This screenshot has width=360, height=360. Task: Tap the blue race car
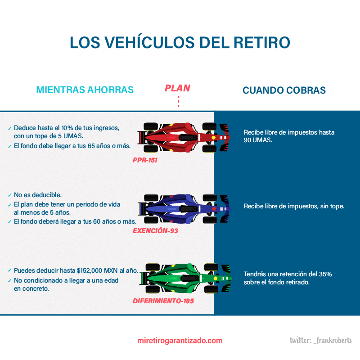pos(184,209)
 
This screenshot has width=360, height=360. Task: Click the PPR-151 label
pos(145,160)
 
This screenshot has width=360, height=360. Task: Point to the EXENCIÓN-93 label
pos(155,231)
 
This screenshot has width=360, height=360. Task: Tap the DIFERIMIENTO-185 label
pos(163,301)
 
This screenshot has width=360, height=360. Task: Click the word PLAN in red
pos(177,88)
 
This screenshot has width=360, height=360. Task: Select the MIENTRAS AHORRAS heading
pos(85,90)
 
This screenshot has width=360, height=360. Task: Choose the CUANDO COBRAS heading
pos(284,90)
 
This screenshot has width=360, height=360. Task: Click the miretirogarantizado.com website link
pos(180,341)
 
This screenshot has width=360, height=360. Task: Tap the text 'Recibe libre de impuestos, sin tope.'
pos(294,206)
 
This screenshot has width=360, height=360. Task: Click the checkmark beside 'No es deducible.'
pos(9,195)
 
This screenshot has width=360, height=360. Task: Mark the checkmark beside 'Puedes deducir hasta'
pos(9,271)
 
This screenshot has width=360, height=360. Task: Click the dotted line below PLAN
pos(179,102)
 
